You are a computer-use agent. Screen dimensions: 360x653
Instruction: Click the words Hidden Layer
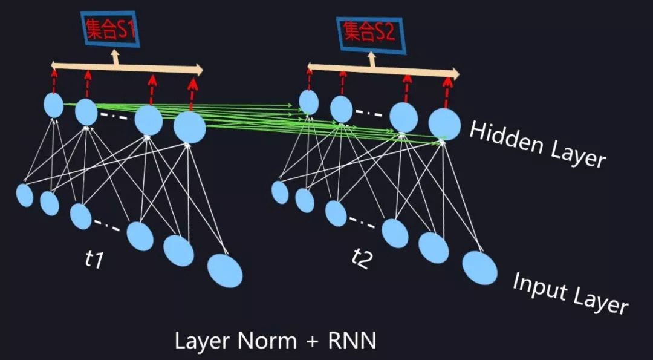point(537,144)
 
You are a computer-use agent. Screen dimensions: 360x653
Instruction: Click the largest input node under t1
point(225,270)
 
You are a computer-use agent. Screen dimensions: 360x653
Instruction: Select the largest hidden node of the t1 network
point(190,127)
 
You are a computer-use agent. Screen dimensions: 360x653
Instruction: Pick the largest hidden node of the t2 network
point(444,123)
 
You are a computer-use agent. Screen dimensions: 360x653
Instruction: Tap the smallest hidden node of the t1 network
point(54,105)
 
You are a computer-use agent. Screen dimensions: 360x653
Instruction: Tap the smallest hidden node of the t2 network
point(308,102)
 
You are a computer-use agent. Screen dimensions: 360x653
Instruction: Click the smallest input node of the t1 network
point(25,195)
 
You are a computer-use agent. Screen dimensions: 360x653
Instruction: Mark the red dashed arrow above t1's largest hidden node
point(192,94)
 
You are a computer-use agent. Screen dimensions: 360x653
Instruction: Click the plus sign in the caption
point(311,341)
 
